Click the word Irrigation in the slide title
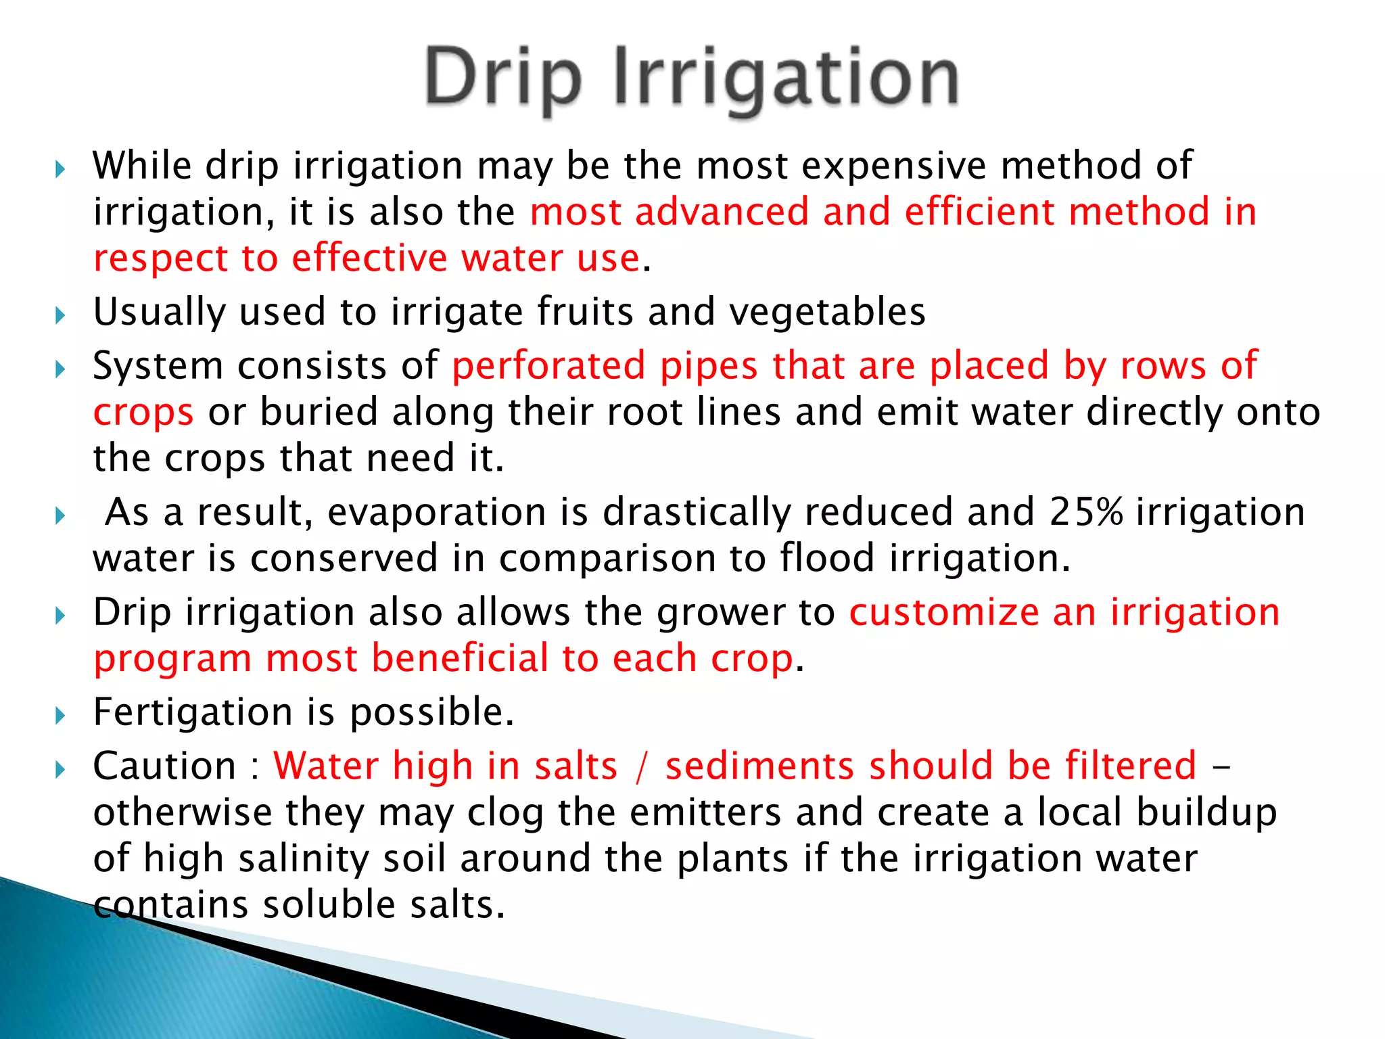(787, 80)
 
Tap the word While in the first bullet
(142, 166)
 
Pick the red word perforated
(548, 367)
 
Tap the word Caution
(164, 766)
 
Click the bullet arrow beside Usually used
(60, 315)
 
